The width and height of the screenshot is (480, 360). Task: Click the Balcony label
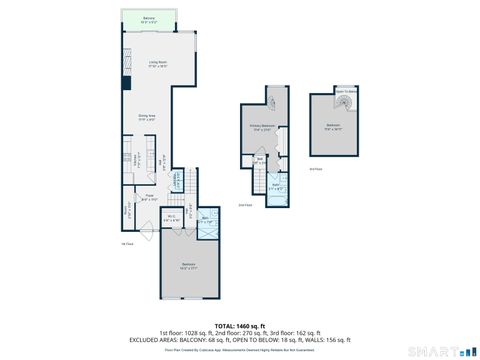coord(148,19)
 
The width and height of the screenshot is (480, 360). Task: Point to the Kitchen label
coord(135,157)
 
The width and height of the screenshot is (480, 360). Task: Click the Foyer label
coord(148,197)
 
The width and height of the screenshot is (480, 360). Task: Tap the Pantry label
coord(128,212)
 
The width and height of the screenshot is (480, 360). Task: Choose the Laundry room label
coord(178,180)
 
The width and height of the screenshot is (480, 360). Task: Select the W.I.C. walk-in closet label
coord(171,218)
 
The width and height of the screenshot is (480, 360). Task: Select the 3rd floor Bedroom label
coord(332,126)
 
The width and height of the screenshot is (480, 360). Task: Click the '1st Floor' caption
coord(126,243)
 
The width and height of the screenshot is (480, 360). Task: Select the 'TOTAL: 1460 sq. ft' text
coord(239,325)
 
